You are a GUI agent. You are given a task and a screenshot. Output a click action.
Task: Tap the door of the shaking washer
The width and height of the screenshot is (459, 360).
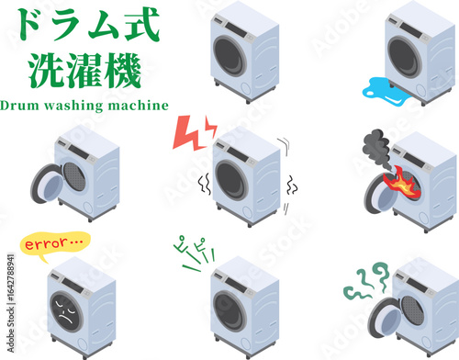[231, 179]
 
